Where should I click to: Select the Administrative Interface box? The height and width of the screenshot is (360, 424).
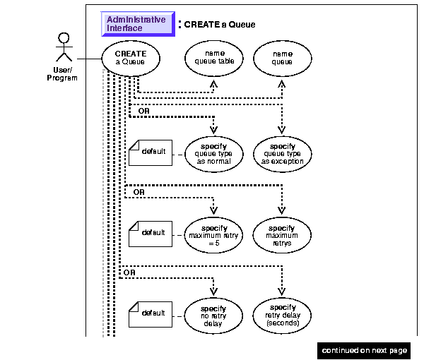pos(136,24)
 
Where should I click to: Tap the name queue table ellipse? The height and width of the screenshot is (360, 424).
pos(214,58)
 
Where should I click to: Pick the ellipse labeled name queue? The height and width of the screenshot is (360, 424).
pos(282,58)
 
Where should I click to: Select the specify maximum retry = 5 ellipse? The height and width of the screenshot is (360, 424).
pos(214,234)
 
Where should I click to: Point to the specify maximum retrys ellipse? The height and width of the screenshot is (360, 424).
pos(282,234)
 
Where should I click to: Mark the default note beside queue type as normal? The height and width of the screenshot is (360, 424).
pos(151,152)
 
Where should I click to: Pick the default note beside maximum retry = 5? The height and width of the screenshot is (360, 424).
pos(151,233)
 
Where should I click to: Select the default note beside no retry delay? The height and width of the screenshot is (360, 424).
pos(151,313)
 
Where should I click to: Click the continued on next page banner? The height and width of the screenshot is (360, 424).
pos(365,350)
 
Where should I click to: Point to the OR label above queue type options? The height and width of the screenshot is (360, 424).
pos(143,111)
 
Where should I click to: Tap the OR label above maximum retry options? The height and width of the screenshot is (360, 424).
pos(139,191)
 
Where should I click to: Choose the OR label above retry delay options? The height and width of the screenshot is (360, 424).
pos(129,272)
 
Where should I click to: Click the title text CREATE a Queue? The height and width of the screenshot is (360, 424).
pos(220,25)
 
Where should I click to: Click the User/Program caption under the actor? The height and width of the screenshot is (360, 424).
pos(62,74)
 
